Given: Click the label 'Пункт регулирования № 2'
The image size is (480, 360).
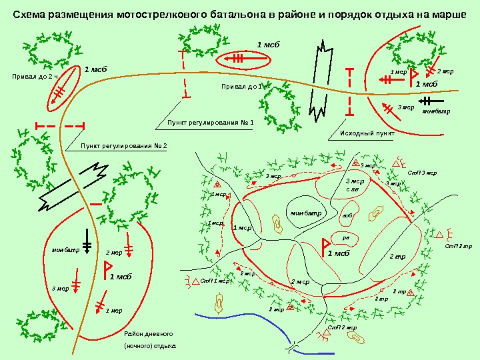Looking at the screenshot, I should [x=123, y=145].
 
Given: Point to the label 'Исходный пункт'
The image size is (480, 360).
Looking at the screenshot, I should [x=367, y=133].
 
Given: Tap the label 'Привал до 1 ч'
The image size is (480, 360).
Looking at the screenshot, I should [x=244, y=87].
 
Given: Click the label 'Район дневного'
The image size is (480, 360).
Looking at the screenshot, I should [x=149, y=333].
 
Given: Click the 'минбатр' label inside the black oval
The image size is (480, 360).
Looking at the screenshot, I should [x=305, y=213].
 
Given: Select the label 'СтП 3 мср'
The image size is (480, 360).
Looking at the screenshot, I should [x=422, y=173].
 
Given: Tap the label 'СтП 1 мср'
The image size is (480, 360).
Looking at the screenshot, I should [x=215, y=281].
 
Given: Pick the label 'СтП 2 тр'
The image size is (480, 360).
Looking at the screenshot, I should [x=458, y=247].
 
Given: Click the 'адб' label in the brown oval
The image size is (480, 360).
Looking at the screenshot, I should [x=347, y=216].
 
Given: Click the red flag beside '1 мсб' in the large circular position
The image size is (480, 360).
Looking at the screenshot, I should [x=326, y=245].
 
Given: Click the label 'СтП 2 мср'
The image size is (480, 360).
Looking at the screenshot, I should [x=342, y=328].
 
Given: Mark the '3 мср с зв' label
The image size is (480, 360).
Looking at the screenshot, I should [x=356, y=185].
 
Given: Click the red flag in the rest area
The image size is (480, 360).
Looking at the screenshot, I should [x=107, y=268].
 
